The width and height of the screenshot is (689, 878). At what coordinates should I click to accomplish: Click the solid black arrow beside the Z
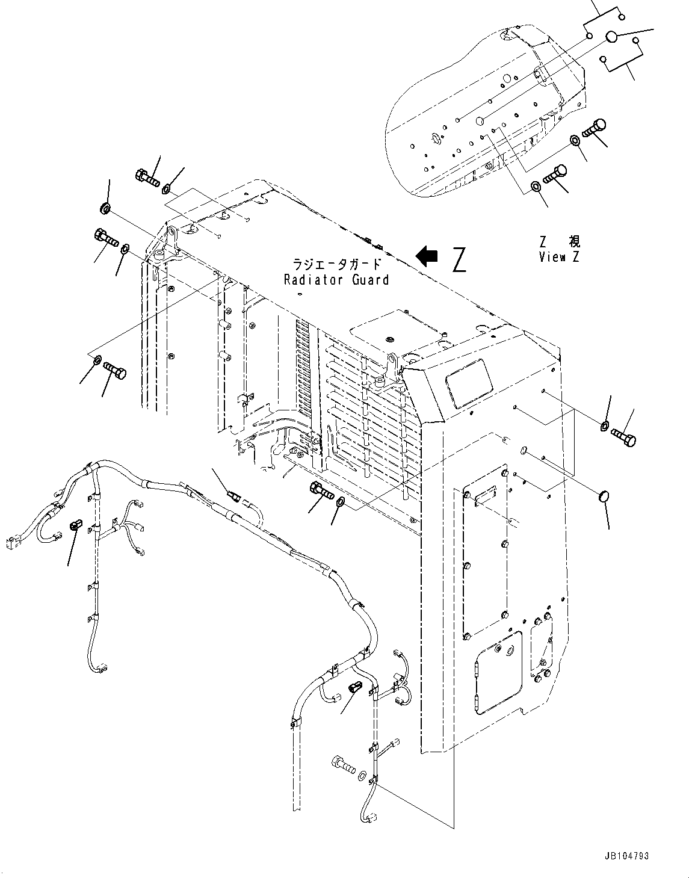427,256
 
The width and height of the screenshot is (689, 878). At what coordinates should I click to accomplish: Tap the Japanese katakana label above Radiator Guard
336,264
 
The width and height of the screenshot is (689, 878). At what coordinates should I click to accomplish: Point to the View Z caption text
560,258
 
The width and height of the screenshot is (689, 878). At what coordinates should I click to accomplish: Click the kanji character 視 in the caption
575,242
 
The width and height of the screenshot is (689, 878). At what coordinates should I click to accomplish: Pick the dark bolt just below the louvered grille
321,490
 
